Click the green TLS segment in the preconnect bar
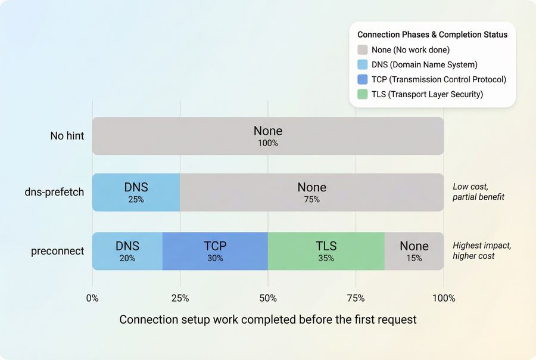[x=326, y=251]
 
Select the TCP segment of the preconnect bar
[x=215, y=251]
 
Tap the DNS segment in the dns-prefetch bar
[x=136, y=192]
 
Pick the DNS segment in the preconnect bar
[x=127, y=251]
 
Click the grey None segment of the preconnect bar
[x=414, y=251]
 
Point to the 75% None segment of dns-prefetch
[x=311, y=192]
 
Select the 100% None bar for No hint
[x=267, y=136]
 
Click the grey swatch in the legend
[x=363, y=50]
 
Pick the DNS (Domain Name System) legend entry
[x=425, y=64]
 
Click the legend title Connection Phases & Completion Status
[x=432, y=35]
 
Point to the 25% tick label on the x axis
[x=180, y=298]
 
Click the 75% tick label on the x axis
[x=356, y=298]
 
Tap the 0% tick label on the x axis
[x=92, y=298]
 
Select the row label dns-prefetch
[x=54, y=193]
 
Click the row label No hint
[x=67, y=136]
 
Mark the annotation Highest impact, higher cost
[x=482, y=250]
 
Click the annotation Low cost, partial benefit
[x=478, y=191]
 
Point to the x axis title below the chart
[x=267, y=319]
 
